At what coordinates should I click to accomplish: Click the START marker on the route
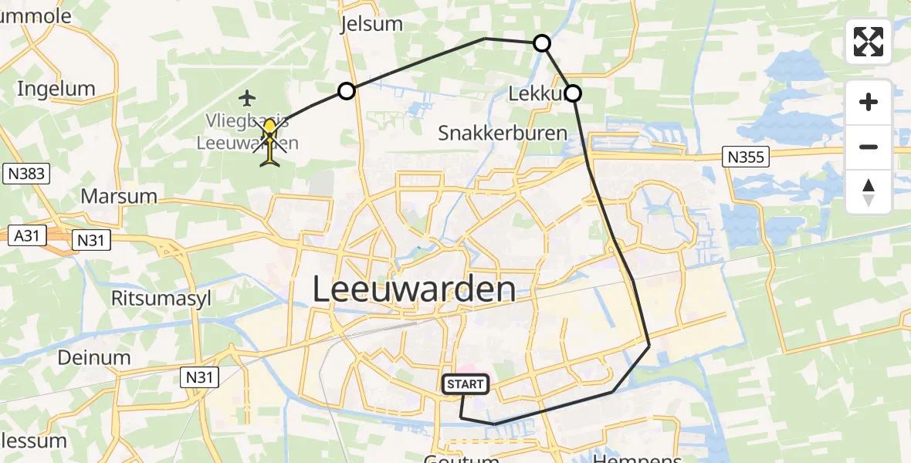click(x=466, y=384)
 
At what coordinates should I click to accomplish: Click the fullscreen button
click(x=869, y=42)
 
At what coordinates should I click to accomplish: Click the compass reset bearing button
click(x=869, y=192)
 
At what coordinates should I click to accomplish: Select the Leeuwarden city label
click(x=414, y=289)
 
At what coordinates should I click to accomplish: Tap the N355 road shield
click(x=745, y=157)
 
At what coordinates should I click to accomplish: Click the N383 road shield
click(x=25, y=174)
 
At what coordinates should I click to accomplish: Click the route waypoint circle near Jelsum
click(x=347, y=91)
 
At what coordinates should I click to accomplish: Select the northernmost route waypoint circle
click(x=543, y=43)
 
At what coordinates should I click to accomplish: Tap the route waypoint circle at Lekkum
click(x=573, y=94)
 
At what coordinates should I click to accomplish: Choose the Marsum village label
click(x=119, y=196)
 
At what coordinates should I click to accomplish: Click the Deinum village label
click(x=93, y=357)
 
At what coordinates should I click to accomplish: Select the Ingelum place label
click(x=56, y=89)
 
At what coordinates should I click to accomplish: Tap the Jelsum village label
click(x=371, y=24)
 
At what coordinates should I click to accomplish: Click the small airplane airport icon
click(x=247, y=98)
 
